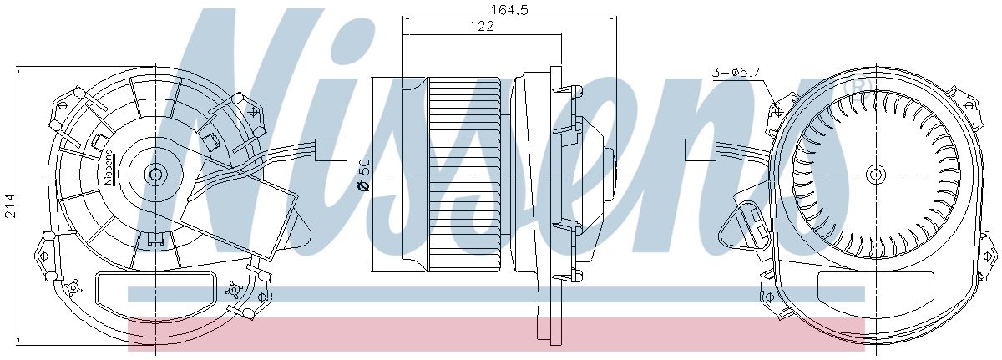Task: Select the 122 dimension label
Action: [x=482, y=27]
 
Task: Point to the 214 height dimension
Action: [x=10, y=204]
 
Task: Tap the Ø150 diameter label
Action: [x=363, y=173]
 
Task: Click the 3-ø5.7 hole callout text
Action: [x=735, y=73]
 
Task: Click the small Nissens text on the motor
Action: [x=109, y=168]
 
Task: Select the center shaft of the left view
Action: [x=154, y=175]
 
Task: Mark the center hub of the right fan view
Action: [x=875, y=175]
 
